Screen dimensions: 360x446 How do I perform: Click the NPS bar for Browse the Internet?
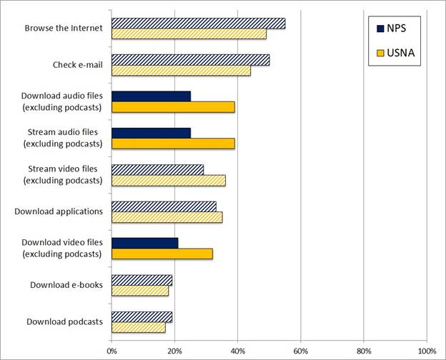pyautogui.click(x=198, y=24)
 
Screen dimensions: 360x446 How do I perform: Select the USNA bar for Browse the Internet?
pyautogui.click(x=189, y=34)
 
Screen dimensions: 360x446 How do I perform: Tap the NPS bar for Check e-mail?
pyautogui.click(x=190, y=60)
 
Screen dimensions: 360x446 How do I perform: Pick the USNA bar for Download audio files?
pyautogui.click(x=173, y=107)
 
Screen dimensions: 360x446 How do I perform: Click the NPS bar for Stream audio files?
pyautogui.click(x=151, y=133)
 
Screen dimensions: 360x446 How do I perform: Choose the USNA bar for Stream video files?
pyautogui.click(x=168, y=181)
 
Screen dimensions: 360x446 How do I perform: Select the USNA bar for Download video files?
pyautogui.click(x=162, y=254)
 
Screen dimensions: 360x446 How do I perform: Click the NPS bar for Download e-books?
pyautogui.click(x=142, y=280)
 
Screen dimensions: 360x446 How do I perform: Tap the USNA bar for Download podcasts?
pyautogui.click(x=138, y=328)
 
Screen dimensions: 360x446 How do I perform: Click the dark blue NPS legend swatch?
pyautogui.click(x=380, y=28)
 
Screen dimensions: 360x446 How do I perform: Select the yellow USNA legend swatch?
pyautogui.click(x=380, y=52)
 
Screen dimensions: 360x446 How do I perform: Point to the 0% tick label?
pyautogui.click(x=111, y=351)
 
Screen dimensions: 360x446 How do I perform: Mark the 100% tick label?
pyautogui.click(x=427, y=351)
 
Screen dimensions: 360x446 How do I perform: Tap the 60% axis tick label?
pyautogui.click(x=301, y=351)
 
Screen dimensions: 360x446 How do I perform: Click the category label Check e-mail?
pyautogui.click(x=77, y=65)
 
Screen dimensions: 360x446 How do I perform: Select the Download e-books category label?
pyautogui.click(x=66, y=285)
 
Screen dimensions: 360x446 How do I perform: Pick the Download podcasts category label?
pyautogui.click(x=64, y=321)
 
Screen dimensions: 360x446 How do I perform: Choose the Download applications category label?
pyautogui.click(x=59, y=211)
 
